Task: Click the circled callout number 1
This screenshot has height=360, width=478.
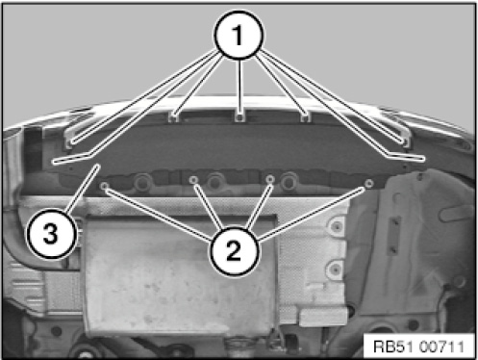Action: coord(239,35)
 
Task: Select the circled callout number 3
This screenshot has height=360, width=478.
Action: coord(51,233)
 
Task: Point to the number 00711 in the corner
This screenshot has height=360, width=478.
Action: coord(441,347)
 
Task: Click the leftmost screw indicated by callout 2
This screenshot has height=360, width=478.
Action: coord(104,186)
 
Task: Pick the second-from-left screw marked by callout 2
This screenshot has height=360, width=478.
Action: coord(192,180)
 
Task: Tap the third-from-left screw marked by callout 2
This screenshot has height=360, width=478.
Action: coord(271,179)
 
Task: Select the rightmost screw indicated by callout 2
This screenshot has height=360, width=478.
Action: coord(369,183)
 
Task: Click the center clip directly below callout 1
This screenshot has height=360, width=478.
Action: coord(239,117)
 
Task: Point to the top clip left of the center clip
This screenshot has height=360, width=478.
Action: coord(173,117)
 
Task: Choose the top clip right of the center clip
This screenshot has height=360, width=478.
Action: coord(306,117)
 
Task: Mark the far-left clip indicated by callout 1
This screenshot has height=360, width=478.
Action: coord(70,141)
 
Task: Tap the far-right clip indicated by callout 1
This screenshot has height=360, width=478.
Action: coord(405,141)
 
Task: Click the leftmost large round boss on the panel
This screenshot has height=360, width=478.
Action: coord(141,182)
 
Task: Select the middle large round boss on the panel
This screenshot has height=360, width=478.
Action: coord(214,182)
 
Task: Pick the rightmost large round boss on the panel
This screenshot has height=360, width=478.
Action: coord(289,181)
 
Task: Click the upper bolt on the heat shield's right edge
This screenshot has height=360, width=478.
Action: coord(336,226)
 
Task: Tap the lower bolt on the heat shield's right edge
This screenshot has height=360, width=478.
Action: coord(335,266)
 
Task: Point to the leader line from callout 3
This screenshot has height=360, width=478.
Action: coord(83,188)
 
